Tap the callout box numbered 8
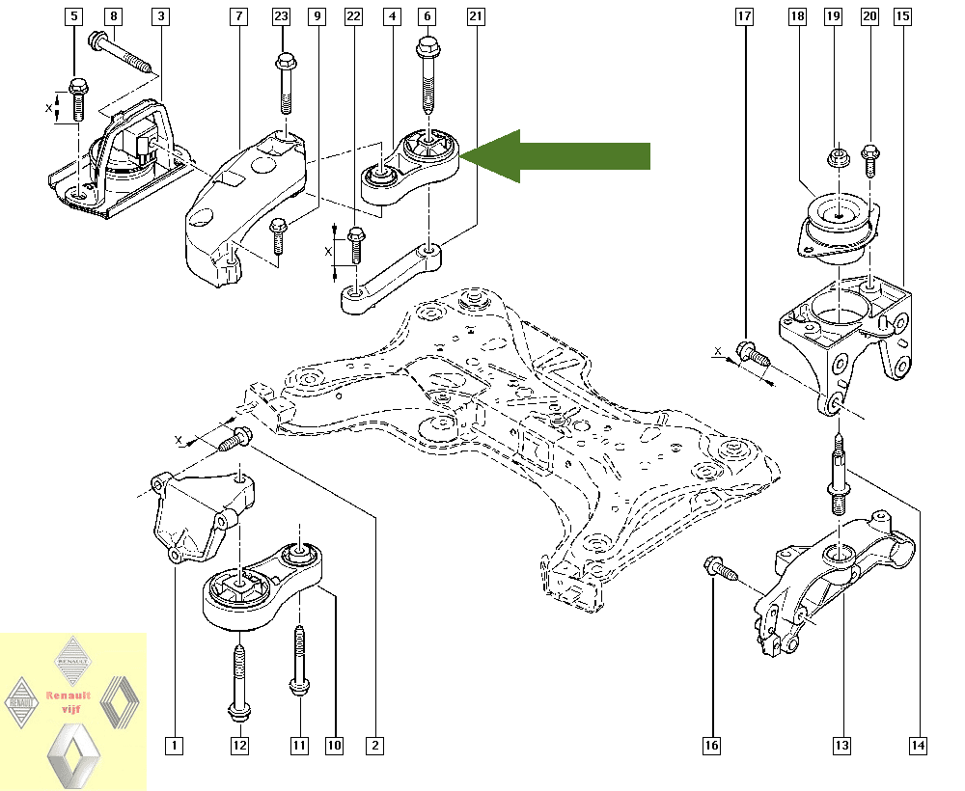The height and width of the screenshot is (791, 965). click(114, 16)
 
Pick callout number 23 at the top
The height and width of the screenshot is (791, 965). click(281, 16)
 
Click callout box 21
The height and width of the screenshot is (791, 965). click(475, 16)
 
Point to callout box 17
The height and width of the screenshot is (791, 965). click(744, 16)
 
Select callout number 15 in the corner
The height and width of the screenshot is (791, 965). click(902, 16)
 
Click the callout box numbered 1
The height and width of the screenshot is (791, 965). click(174, 745)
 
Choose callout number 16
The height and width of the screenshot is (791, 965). click(711, 745)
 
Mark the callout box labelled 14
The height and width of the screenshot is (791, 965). click(917, 745)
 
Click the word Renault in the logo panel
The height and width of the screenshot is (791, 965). click(69, 695)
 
